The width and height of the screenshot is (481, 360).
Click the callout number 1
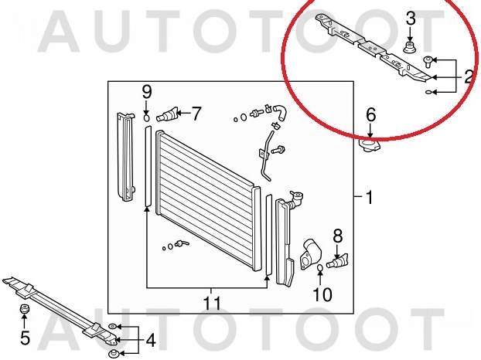[x=370, y=197]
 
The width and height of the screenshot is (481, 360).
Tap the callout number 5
[x=25, y=338]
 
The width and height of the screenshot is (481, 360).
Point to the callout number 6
[x=371, y=114]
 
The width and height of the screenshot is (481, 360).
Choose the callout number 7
[x=196, y=114]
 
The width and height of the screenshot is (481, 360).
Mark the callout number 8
[x=337, y=236]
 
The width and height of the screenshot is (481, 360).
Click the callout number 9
[x=147, y=92]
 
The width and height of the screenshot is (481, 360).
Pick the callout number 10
[x=322, y=294]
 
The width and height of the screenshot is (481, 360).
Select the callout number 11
[x=213, y=304]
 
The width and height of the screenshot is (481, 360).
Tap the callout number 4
[x=150, y=340]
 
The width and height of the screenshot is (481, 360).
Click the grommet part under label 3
[x=408, y=48]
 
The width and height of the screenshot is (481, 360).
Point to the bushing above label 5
[x=24, y=309]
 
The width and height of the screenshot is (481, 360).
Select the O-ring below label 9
[x=147, y=118]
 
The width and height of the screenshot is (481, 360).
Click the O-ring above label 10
[x=319, y=268]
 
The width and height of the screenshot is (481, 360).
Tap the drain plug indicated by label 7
[x=167, y=114]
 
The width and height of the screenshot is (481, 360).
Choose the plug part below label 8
[x=337, y=261]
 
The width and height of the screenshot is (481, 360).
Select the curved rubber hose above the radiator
[x=280, y=112]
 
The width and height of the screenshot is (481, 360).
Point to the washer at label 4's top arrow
[x=112, y=327]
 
